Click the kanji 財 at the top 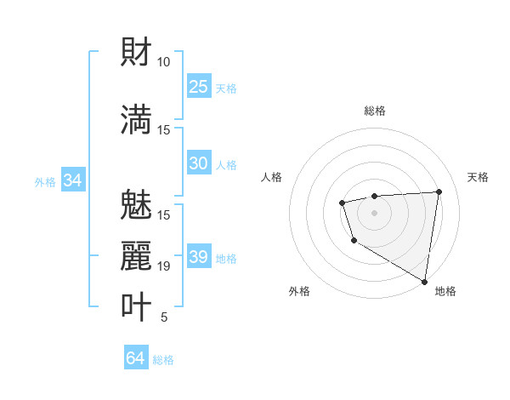137,52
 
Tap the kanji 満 137,118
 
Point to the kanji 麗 137,255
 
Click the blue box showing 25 199,87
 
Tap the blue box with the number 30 199,163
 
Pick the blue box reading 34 72,180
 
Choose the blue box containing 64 136,358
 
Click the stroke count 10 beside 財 163,62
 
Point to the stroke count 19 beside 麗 163,266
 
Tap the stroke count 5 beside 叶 163,317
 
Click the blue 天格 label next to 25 226,88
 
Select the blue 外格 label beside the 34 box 45,181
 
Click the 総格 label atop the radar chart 375,111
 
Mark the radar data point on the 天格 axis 439,191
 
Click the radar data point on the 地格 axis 424,281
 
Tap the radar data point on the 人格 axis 342,203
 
